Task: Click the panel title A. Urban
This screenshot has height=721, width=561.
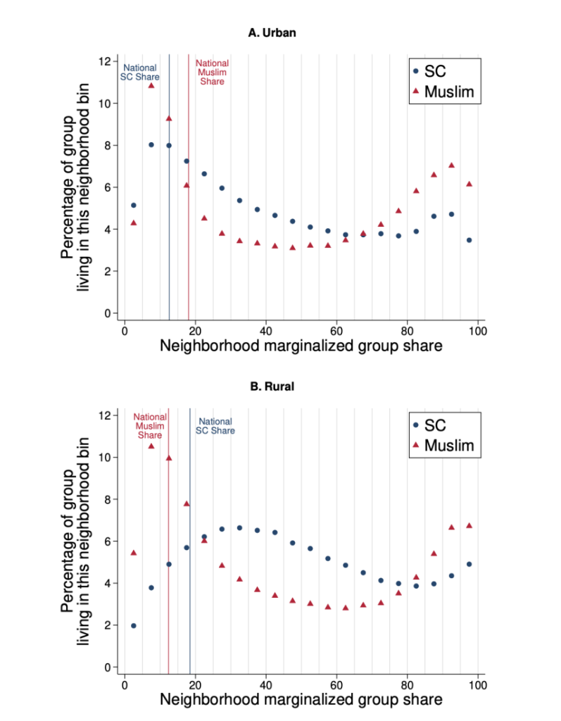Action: [267, 32]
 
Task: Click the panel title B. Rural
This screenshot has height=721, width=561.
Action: [267, 387]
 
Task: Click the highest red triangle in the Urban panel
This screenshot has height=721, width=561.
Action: [151, 85]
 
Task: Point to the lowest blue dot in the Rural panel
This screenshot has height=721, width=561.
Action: [134, 625]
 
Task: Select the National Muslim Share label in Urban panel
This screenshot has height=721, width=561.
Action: [212, 73]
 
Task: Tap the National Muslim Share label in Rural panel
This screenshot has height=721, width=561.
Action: [149, 425]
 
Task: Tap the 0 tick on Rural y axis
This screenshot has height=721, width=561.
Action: [107, 667]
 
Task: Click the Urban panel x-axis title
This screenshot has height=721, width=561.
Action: [301, 346]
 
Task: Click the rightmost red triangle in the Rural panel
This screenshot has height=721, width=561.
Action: [469, 525]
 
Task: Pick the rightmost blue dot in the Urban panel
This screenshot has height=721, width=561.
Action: [469, 240]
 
